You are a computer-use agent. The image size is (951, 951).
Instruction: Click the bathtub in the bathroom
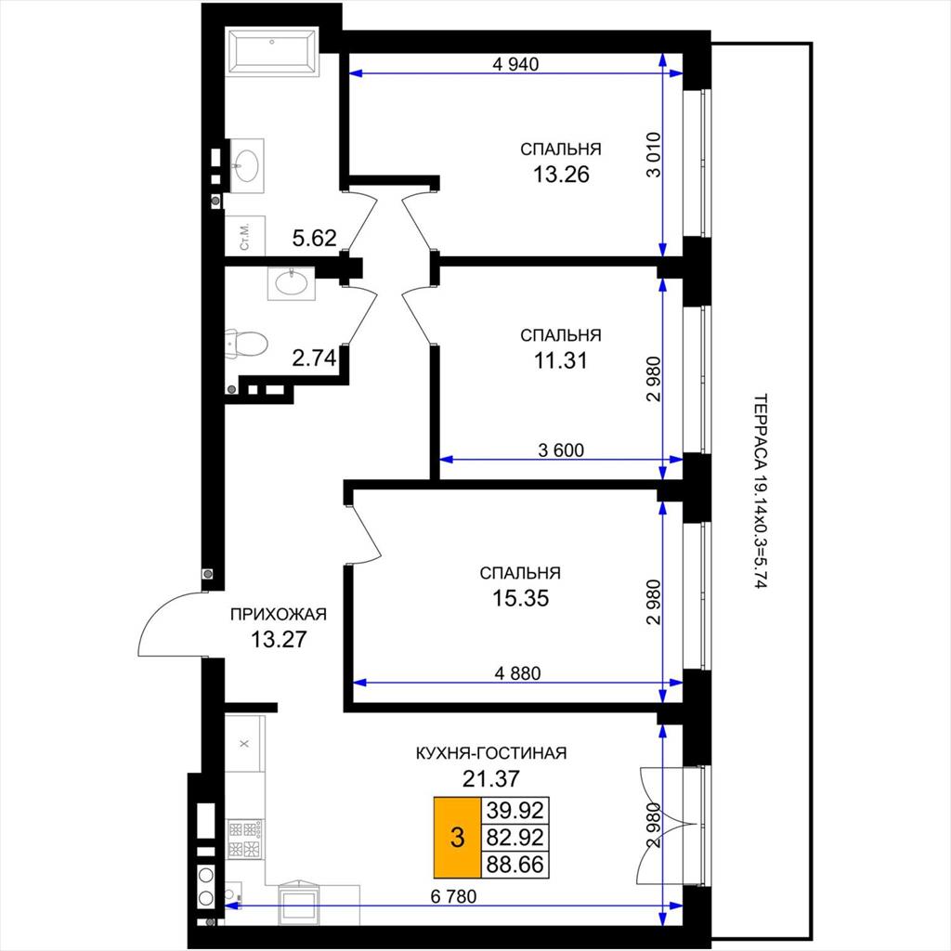[272, 52]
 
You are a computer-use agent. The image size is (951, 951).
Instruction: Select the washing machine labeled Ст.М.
[245, 235]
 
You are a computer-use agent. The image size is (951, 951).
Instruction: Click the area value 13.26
[561, 175]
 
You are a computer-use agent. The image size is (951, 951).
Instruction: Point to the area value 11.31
[560, 361]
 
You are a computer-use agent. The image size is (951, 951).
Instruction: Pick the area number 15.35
[520, 599]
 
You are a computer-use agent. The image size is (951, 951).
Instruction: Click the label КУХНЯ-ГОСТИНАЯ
[490, 753]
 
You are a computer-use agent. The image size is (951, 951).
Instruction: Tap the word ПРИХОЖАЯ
[279, 615]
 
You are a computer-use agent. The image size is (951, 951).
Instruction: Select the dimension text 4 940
[515, 64]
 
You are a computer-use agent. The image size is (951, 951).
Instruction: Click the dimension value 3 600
[561, 450]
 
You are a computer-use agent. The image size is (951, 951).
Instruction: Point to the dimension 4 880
[517, 673]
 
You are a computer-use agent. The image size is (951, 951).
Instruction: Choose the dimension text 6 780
[453, 896]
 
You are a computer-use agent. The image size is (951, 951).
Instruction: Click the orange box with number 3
[457, 838]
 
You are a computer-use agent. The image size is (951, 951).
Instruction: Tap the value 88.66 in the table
[515, 865]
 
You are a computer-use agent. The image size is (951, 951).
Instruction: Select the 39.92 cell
[515, 810]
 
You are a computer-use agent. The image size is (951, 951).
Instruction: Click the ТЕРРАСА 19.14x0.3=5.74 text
[761, 492]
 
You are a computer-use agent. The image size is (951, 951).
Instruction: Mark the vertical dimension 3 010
[653, 155]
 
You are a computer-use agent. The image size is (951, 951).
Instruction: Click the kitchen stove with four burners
[245, 839]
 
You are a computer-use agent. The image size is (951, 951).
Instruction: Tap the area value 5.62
[314, 239]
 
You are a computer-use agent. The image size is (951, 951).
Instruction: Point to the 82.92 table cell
[515, 838]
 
